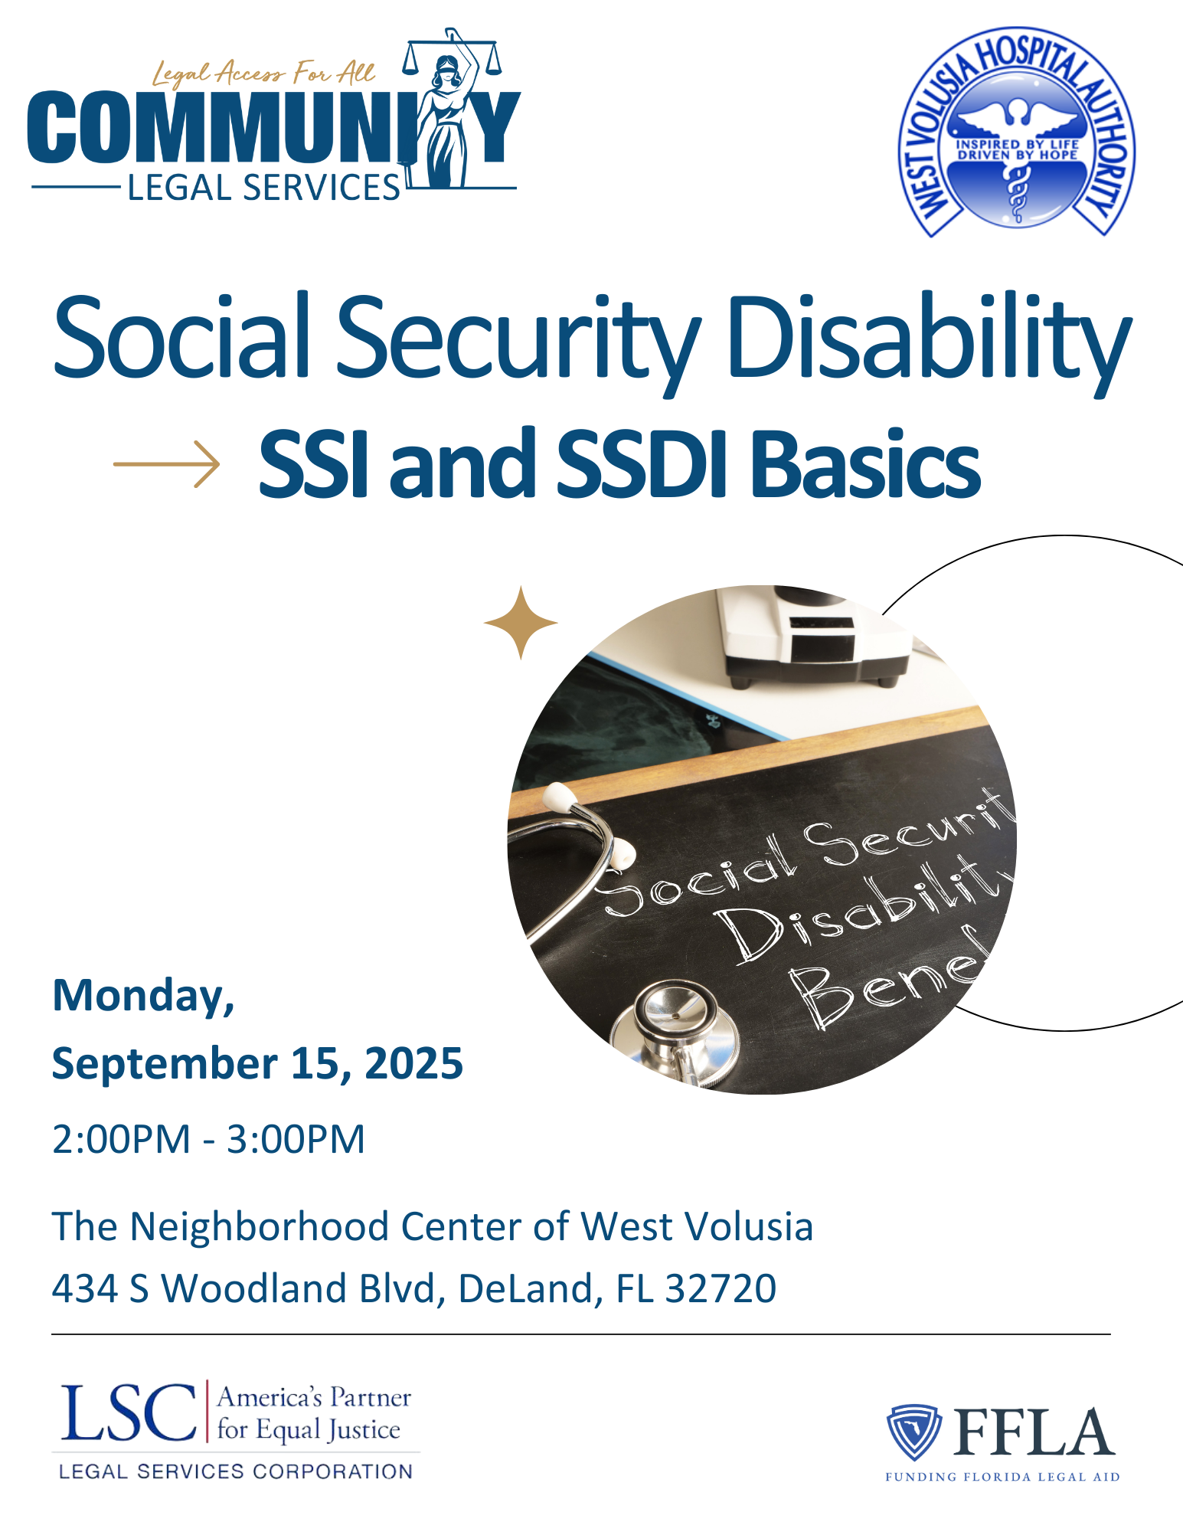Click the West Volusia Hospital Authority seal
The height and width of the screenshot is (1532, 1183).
point(1017,132)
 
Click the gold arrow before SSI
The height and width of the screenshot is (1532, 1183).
point(166,463)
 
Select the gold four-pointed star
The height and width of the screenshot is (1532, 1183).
point(521,623)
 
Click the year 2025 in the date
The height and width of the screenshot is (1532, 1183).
point(413,1063)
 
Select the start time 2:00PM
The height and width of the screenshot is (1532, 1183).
point(121,1138)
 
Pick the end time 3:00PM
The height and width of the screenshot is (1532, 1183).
point(296,1138)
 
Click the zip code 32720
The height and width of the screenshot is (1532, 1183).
point(721,1288)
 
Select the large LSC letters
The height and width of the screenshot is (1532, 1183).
point(128,1412)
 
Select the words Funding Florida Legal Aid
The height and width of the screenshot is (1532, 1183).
point(1002,1477)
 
